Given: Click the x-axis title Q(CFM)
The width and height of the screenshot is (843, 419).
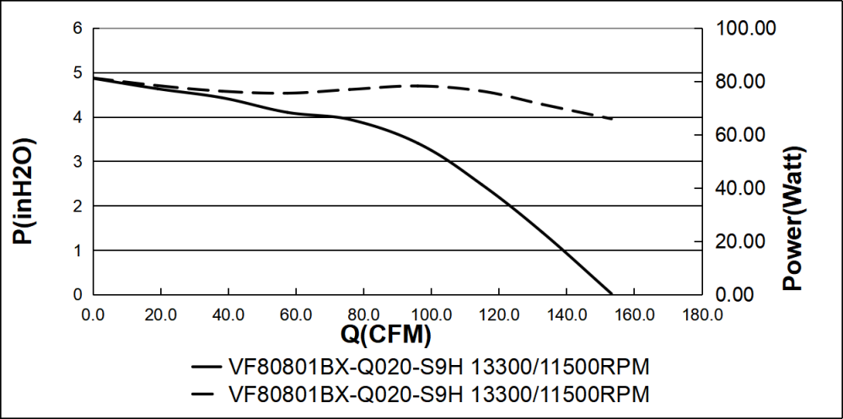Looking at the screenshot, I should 385,335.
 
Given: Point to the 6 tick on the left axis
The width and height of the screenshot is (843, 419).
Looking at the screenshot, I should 78,28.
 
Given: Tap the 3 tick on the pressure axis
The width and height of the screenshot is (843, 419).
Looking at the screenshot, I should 78,161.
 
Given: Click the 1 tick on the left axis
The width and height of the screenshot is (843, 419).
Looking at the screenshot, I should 78,250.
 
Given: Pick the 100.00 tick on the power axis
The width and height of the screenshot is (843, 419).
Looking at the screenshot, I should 745,28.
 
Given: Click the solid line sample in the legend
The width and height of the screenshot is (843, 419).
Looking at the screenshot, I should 207,368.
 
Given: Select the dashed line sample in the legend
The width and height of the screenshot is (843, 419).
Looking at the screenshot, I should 207,394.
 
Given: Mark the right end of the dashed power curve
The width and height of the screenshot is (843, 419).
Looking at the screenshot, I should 613,119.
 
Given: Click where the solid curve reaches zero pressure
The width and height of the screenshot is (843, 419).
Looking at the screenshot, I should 611,294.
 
